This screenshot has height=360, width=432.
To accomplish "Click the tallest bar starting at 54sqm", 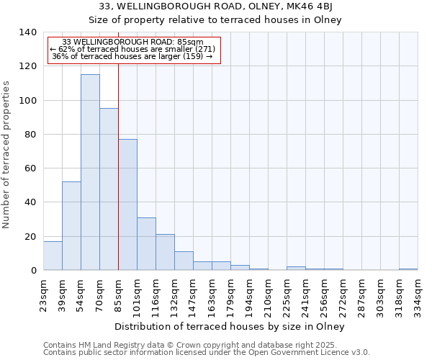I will point(90,173).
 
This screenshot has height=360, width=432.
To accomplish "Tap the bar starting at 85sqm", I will point(127,204).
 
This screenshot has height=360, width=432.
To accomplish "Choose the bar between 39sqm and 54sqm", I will point(71,226).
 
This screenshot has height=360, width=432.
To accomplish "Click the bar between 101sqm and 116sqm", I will point(146,243).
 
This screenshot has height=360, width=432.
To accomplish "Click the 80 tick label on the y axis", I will point(30,135).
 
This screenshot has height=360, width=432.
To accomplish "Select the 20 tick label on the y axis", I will point(30,236).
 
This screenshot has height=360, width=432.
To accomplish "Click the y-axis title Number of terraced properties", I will point(7,154).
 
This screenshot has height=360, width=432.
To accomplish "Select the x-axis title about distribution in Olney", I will point(230,327).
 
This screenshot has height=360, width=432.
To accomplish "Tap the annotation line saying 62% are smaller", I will point(132,49).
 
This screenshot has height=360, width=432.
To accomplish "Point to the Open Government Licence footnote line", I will point(207,352).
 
